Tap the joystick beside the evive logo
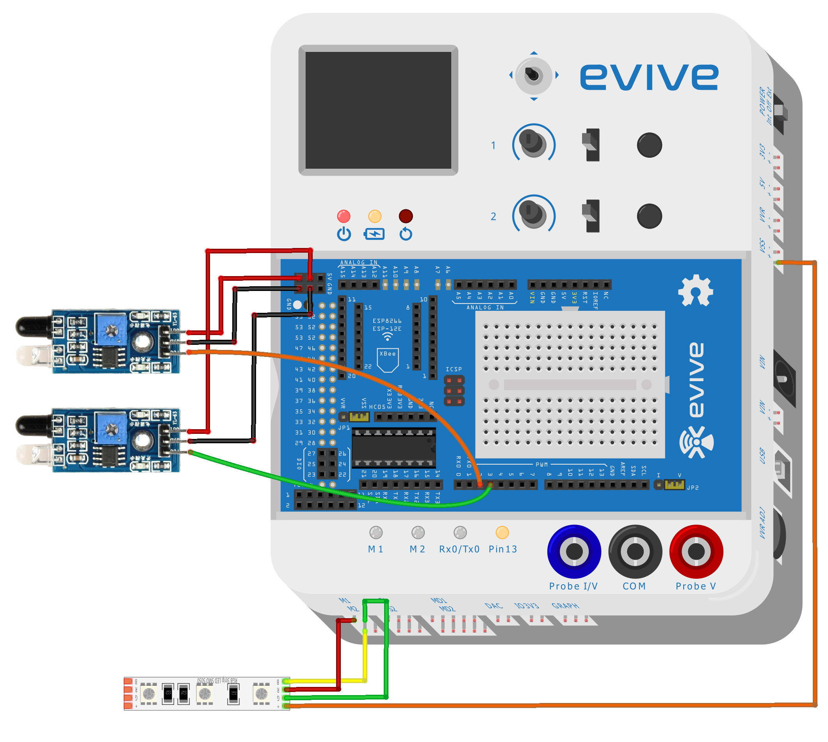[532, 75]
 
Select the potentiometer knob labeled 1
[532, 143]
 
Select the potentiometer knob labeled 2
[532, 214]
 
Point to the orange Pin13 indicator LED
[502, 532]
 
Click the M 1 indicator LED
[375, 532]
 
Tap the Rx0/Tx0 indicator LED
[459, 532]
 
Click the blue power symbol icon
[344, 234]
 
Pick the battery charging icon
[374, 234]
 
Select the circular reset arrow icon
[406, 234]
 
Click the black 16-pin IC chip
[393, 448]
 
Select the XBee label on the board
[387, 354]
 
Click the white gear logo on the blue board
[695, 290]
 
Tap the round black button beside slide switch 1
[649, 145]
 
